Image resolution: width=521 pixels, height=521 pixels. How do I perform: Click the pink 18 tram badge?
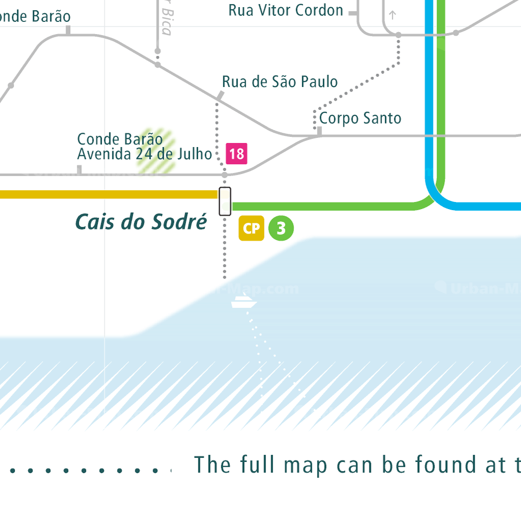pyautogui.click(x=237, y=154)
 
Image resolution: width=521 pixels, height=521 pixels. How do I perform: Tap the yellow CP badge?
pyautogui.click(x=251, y=228)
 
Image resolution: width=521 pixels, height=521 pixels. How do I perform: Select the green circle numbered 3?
pyautogui.click(x=281, y=228)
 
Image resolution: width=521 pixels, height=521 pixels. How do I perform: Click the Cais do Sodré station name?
pyautogui.click(x=141, y=222)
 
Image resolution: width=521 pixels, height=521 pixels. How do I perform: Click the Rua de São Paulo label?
pyautogui.click(x=280, y=81)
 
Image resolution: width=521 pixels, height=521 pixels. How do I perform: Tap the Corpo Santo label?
pyautogui.click(x=360, y=119)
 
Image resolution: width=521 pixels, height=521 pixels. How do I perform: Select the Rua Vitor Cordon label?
pyautogui.click(x=286, y=10)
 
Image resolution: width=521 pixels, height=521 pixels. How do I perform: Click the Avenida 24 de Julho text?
pyautogui.click(x=144, y=154)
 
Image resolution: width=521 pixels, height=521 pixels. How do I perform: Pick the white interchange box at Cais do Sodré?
pyautogui.click(x=225, y=201)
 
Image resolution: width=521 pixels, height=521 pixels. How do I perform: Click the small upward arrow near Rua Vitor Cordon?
pyautogui.click(x=392, y=15)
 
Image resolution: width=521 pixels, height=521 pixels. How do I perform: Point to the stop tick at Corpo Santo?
pyautogui.click(x=320, y=132)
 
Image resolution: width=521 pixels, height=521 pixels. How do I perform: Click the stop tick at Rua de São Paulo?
pyautogui.click(x=220, y=96)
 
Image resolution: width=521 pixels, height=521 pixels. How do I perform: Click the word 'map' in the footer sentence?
pyautogui.click(x=305, y=466)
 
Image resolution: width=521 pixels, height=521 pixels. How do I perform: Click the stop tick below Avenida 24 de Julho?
pyautogui.click(x=79, y=169)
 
